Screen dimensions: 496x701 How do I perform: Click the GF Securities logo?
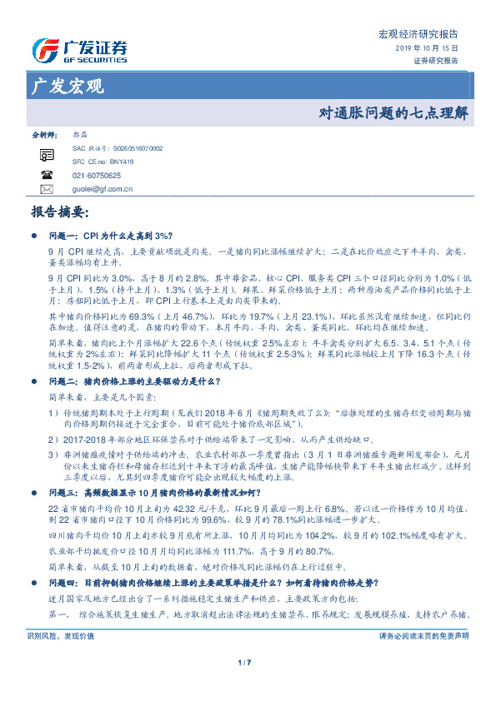(x=79, y=51)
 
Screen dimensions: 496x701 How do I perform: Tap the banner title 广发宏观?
(x=66, y=86)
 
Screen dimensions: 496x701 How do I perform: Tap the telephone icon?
(x=48, y=176)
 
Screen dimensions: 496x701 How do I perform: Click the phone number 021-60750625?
(x=97, y=176)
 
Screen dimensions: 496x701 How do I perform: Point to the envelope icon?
(x=48, y=190)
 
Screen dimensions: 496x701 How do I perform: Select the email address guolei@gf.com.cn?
(x=103, y=190)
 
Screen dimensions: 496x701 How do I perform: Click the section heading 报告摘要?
(x=59, y=212)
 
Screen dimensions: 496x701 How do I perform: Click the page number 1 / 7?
(x=244, y=685)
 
